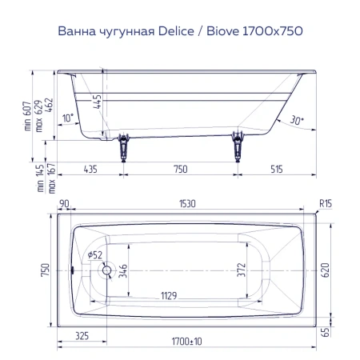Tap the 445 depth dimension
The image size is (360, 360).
(x=96, y=102)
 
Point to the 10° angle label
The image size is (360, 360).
(x=70, y=118)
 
